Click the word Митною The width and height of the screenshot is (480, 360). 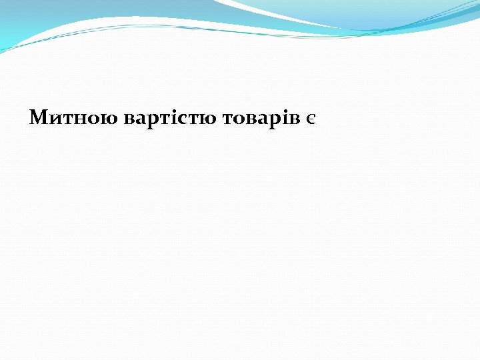(75, 119)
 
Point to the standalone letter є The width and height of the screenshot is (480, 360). (311, 119)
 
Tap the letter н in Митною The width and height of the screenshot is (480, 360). (83, 119)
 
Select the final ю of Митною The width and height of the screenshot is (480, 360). (111, 119)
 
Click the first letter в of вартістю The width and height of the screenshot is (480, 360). (129, 119)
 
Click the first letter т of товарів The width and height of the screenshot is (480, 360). (227, 119)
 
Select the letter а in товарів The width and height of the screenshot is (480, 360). (265, 119)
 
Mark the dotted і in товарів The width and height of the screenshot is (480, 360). (286, 118)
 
